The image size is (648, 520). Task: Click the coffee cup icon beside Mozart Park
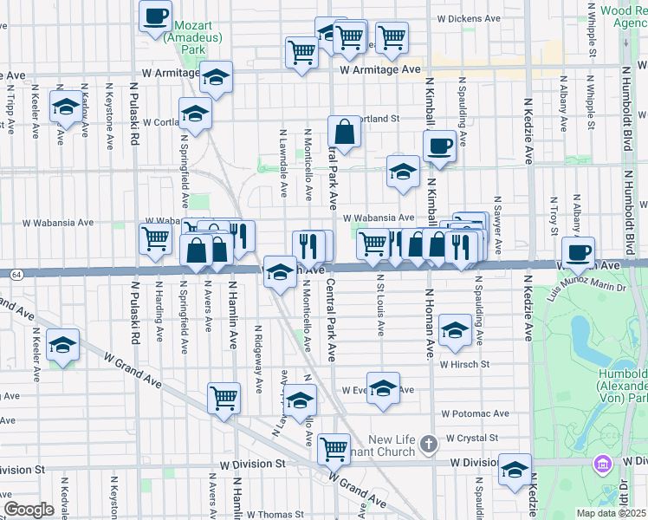(x=156, y=16)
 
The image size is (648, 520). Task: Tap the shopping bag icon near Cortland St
(x=345, y=133)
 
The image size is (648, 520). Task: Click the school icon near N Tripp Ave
(x=65, y=107)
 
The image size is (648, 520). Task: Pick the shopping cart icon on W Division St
(x=334, y=449)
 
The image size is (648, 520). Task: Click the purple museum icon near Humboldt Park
(x=601, y=465)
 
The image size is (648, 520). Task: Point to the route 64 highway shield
(x=16, y=274)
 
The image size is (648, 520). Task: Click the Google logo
(x=29, y=510)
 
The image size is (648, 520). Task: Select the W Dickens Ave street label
(x=469, y=17)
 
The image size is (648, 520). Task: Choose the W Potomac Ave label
(x=474, y=414)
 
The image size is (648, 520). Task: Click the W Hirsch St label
(x=464, y=365)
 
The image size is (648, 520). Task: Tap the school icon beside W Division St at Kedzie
(x=515, y=471)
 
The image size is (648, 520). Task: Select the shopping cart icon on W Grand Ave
(x=224, y=399)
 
